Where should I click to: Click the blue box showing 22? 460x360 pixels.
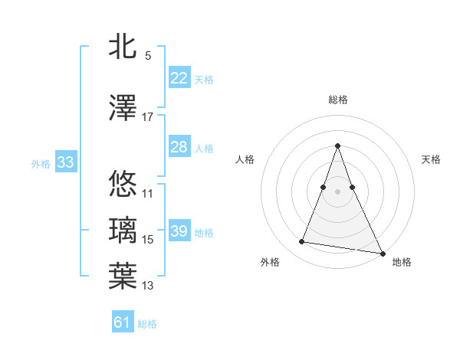[x=179, y=78]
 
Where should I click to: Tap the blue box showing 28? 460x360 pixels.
[x=179, y=147]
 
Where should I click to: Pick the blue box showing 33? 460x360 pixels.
[x=65, y=162]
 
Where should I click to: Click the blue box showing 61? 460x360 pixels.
[x=123, y=322]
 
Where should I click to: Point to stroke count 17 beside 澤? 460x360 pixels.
[x=148, y=117]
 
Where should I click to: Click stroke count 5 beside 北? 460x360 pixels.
[x=148, y=56]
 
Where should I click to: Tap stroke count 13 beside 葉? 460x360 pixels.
[x=148, y=286]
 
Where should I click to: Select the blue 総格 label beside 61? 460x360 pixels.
[x=147, y=324]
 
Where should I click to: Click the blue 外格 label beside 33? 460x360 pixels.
[x=41, y=163]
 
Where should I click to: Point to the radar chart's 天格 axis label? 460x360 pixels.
[x=432, y=159]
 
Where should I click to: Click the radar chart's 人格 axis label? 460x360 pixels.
[x=245, y=159]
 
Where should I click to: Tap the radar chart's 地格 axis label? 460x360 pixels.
[x=402, y=262]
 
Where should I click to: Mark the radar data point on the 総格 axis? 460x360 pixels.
[x=337, y=146]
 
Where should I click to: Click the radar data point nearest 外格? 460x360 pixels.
[x=302, y=242]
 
